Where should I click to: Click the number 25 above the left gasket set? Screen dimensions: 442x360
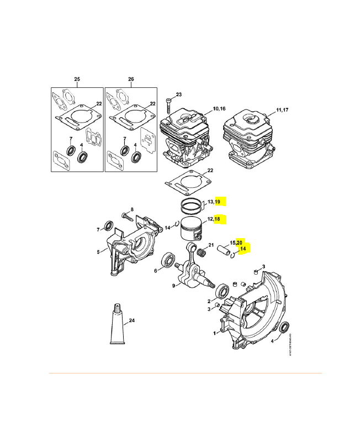click(77, 80)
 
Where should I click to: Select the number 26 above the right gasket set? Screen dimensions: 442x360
click(131, 80)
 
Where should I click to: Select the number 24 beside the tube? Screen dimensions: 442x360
click(131, 320)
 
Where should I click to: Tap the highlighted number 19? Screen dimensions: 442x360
click(218, 202)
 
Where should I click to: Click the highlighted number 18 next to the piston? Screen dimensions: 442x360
click(217, 219)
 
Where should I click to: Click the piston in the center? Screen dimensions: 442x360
click(193, 228)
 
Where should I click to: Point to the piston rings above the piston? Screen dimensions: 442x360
click(192, 207)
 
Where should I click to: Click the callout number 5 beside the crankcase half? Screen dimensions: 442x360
click(98, 252)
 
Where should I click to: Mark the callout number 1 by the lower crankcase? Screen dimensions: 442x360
click(214, 333)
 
